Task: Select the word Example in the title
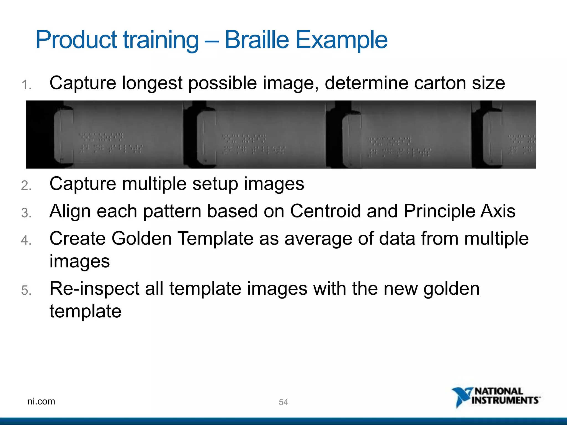click(x=341, y=40)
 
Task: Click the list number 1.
click(x=26, y=85)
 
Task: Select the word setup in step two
click(x=215, y=184)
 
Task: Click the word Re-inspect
click(x=94, y=289)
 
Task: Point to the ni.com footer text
click(x=41, y=401)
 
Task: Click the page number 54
click(x=283, y=402)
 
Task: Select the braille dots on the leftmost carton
click(x=111, y=143)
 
